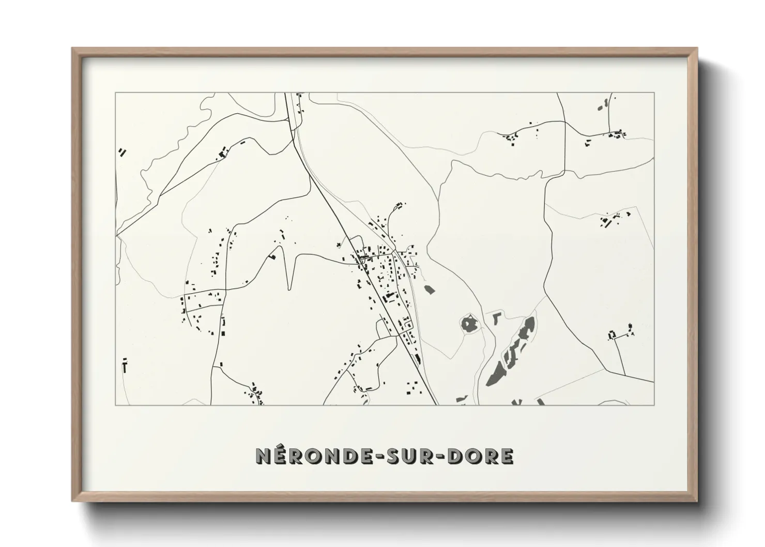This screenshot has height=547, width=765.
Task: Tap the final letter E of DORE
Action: [506, 456]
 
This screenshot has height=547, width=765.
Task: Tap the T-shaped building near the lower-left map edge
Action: [125, 366]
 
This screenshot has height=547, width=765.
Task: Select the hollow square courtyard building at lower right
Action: [613, 335]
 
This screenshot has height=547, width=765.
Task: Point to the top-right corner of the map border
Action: [654, 93]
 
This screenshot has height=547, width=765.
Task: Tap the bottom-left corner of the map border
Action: [115, 405]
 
